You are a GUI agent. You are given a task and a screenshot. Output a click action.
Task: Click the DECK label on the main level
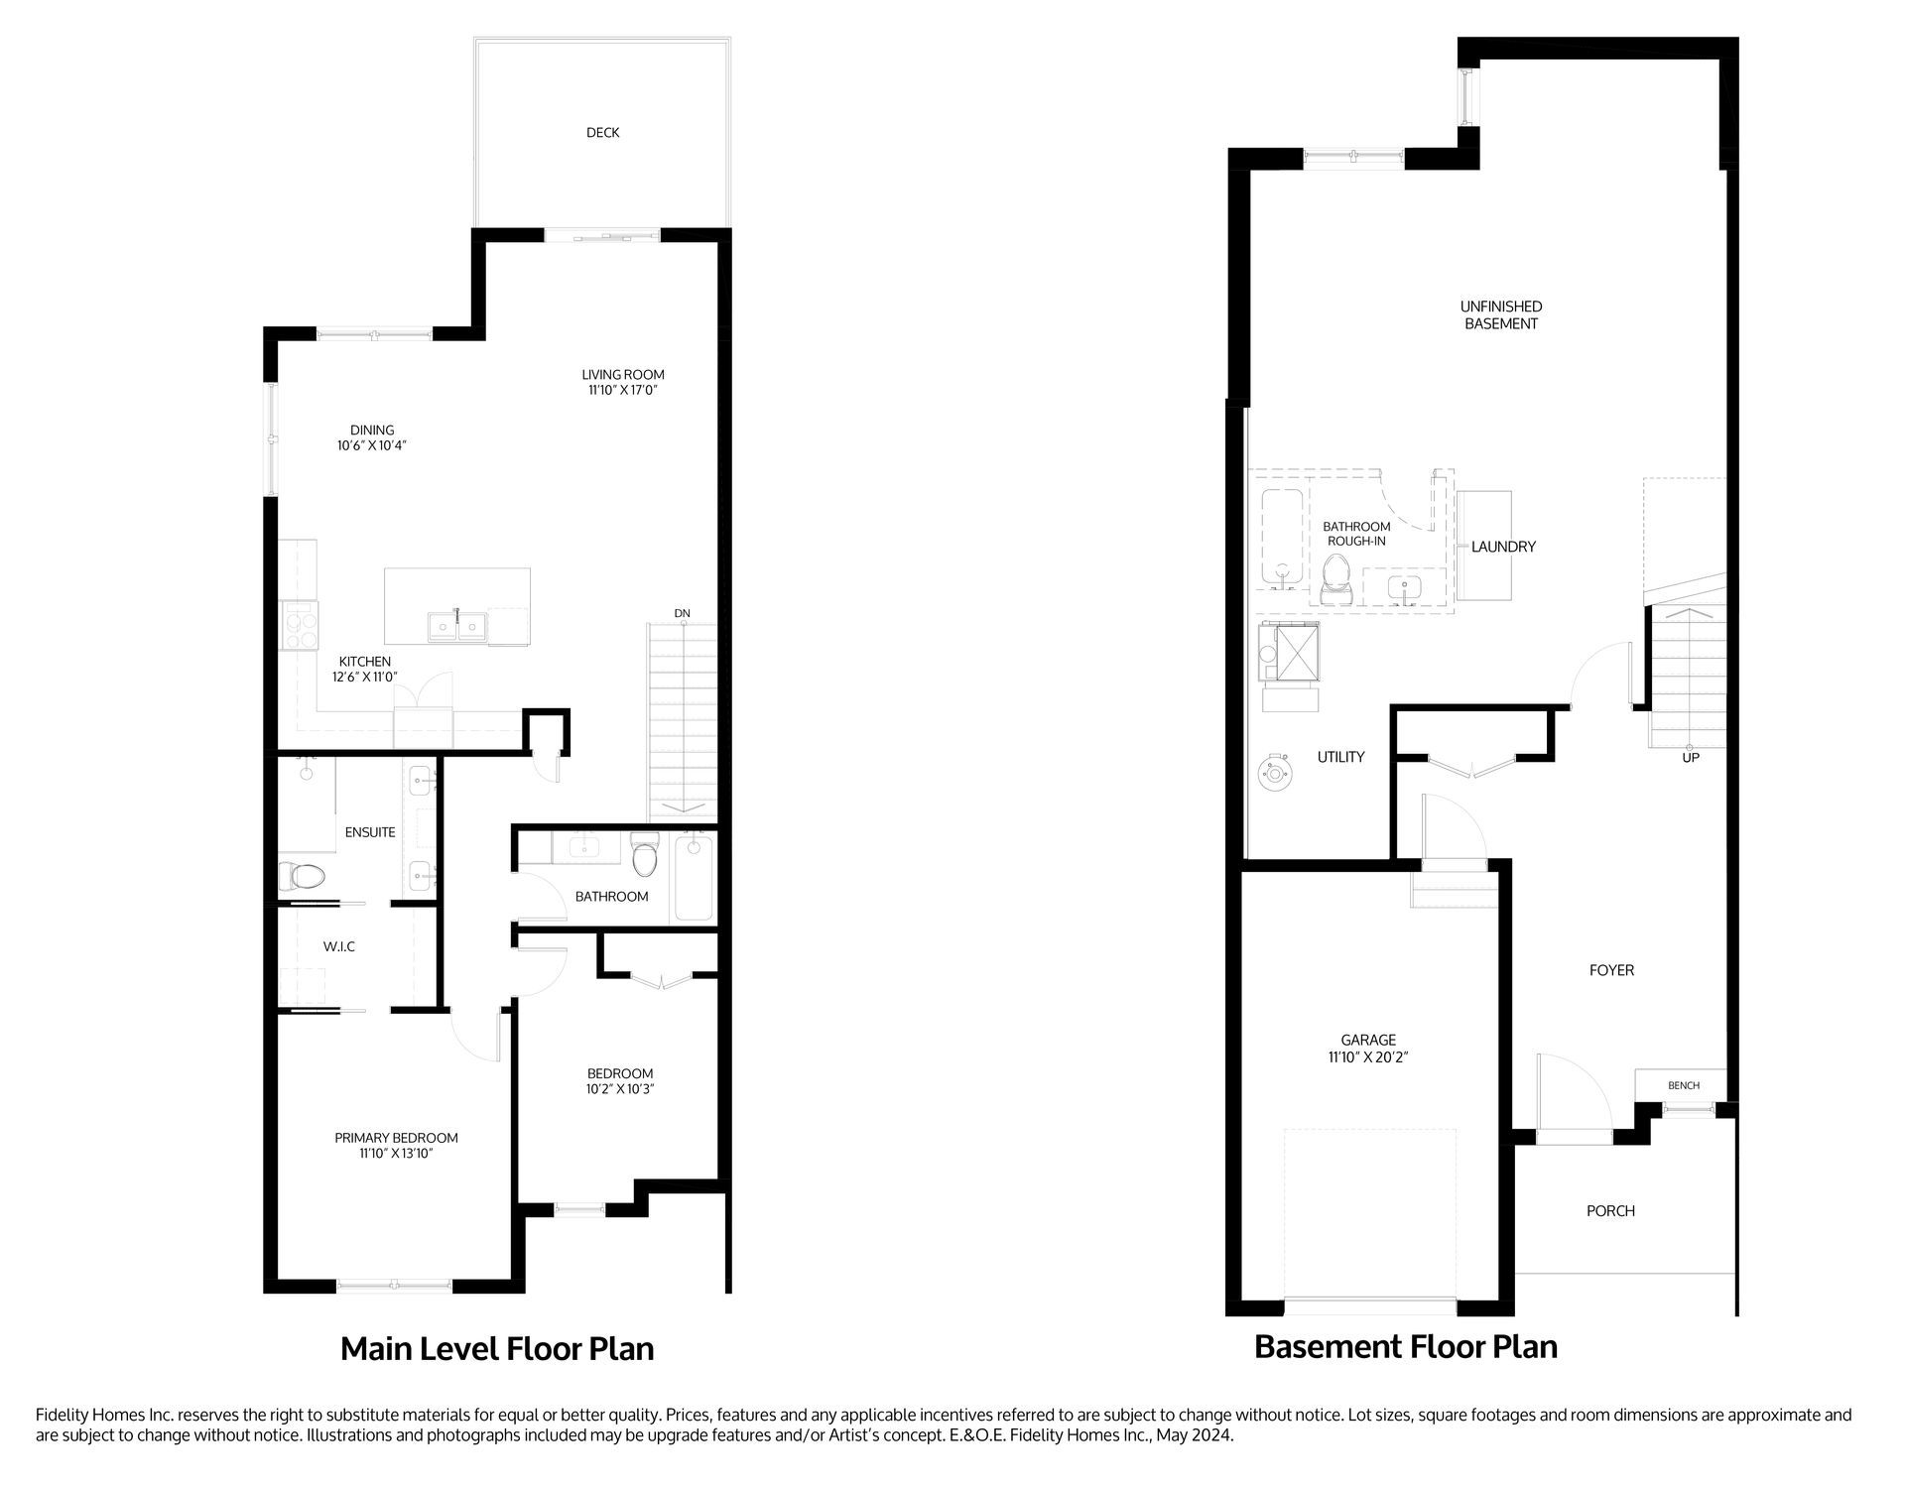[602, 133]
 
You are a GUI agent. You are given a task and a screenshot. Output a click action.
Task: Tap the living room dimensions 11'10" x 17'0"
[622, 391]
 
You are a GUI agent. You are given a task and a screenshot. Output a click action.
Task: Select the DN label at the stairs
[682, 614]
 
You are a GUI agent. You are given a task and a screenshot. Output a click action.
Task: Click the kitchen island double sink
[457, 627]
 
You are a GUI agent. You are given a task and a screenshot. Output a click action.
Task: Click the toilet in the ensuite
[303, 877]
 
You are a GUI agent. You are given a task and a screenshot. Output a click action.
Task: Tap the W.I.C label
[338, 947]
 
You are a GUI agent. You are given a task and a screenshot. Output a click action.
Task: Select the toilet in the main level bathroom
[645, 858]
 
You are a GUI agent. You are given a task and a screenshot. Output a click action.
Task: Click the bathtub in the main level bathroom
[694, 878]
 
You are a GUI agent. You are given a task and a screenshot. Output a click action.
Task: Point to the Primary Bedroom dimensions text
[396, 1154]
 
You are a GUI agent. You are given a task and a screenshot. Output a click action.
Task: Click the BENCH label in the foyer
[1683, 1086]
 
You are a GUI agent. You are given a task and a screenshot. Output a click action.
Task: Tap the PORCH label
[1610, 1211]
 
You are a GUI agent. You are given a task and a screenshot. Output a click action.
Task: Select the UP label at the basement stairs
[1691, 758]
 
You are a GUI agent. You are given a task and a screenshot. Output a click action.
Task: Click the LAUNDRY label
[1503, 547]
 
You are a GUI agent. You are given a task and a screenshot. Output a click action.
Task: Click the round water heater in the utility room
[1273, 774]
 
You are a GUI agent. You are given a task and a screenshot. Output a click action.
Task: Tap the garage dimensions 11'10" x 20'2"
[1368, 1057]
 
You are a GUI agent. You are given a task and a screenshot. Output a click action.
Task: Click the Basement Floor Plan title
[1405, 1347]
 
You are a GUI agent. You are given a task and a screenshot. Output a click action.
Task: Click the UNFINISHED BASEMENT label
[1500, 315]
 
